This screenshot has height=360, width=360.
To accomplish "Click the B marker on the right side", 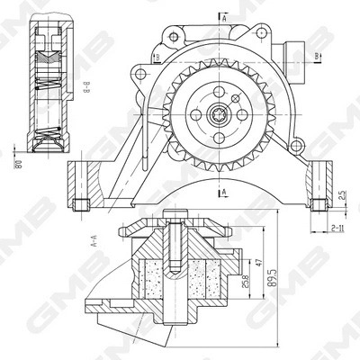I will pos(319,56).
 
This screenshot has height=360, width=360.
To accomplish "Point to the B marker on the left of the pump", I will pos(157,59).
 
